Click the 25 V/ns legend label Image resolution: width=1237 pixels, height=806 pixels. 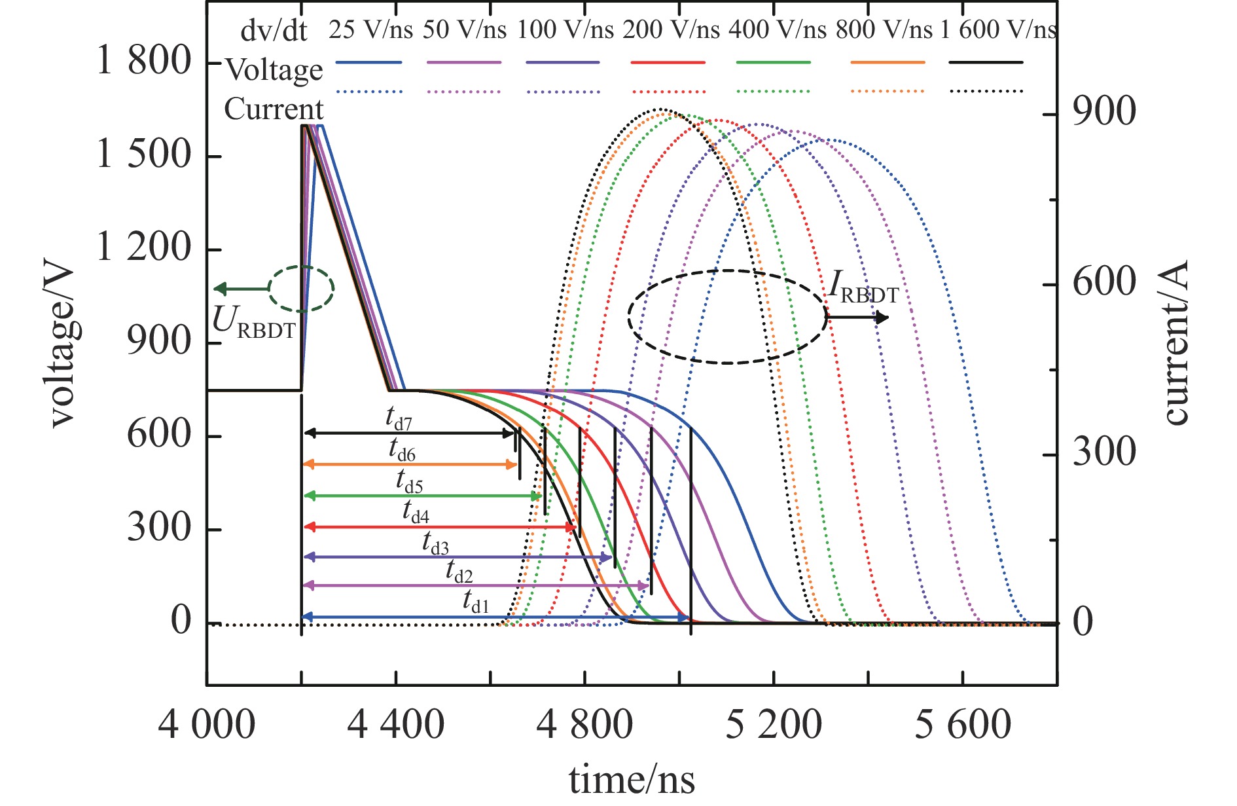370,29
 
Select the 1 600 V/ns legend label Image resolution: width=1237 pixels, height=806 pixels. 999,29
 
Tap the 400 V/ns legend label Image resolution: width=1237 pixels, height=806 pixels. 777,29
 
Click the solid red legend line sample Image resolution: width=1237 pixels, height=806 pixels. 668,63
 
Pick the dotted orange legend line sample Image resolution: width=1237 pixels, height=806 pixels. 887,92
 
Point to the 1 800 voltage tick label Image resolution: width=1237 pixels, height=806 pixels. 144,62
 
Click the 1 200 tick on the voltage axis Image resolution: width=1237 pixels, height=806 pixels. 144,249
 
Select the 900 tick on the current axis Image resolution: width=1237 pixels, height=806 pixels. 1104,113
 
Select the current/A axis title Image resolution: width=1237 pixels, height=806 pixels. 1175,344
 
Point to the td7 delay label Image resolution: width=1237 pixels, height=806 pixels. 399,419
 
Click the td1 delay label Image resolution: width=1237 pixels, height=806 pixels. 476,601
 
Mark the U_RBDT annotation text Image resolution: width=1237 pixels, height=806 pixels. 254,323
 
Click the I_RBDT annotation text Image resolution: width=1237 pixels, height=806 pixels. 863,289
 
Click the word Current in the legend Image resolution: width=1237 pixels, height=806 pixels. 274,109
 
